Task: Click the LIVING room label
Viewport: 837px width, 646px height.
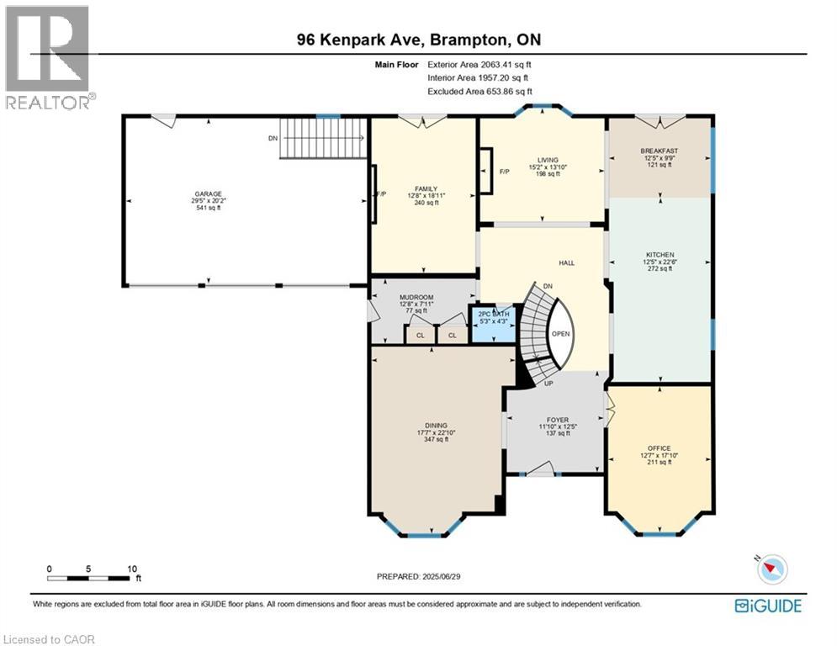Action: tap(548, 160)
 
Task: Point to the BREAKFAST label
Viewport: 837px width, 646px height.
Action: tap(660, 151)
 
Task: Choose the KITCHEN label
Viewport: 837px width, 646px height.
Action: tap(660, 255)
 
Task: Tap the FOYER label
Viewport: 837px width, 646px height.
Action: tap(557, 420)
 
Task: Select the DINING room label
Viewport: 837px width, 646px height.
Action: tap(436, 426)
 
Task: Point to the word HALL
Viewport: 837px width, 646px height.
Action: tap(567, 263)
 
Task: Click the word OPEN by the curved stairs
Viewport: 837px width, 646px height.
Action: tap(561, 333)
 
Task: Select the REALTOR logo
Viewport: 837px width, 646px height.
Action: tap(48, 57)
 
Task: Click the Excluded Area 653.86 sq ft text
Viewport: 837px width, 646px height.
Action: tap(479, 91)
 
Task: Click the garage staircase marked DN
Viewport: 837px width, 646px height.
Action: tap(324, 138)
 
